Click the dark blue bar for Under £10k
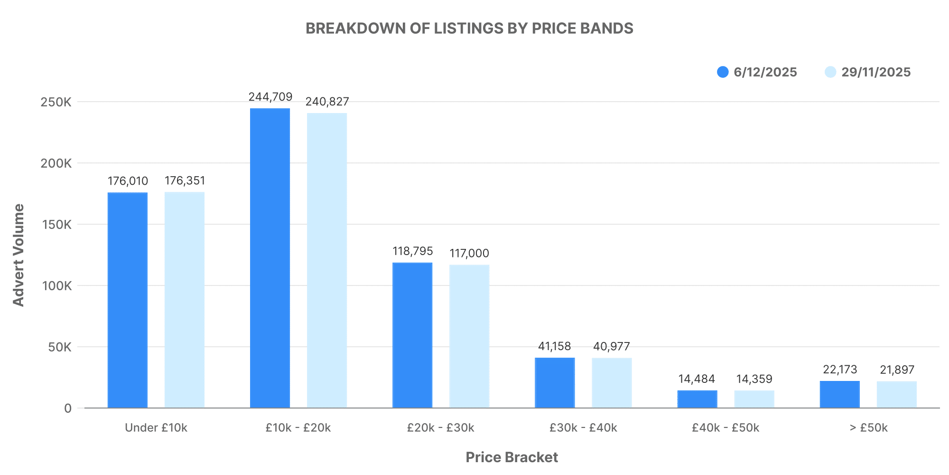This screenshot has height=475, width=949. click(128, 300)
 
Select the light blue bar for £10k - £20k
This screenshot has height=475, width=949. click(327, 260)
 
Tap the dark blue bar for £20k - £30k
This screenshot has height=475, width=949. click(412, 335)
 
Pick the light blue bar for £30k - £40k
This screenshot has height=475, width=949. click(612, 383)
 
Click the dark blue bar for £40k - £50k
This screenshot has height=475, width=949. click(697, 399)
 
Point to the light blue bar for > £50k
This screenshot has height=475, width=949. click(896, 394)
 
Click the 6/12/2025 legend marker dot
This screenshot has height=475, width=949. click(723, 72)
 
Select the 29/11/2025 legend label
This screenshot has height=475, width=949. click(876, 72)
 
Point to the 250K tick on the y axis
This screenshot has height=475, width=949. click(56, 102)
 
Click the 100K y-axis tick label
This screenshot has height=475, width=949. click(56, 286)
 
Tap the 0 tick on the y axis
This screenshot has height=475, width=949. click(68, 408)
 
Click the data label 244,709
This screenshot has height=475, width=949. click(270, 97)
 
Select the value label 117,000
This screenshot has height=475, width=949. click(469, 253)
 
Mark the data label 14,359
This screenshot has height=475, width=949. click(754, 379)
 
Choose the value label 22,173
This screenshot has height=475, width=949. click(840, 370)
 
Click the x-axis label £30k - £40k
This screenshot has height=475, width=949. click(583, 428)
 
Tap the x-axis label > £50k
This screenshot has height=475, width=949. click(868, 428)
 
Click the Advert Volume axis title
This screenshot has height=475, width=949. click(19, 255)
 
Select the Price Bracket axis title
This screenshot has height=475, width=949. click(512, 457)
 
